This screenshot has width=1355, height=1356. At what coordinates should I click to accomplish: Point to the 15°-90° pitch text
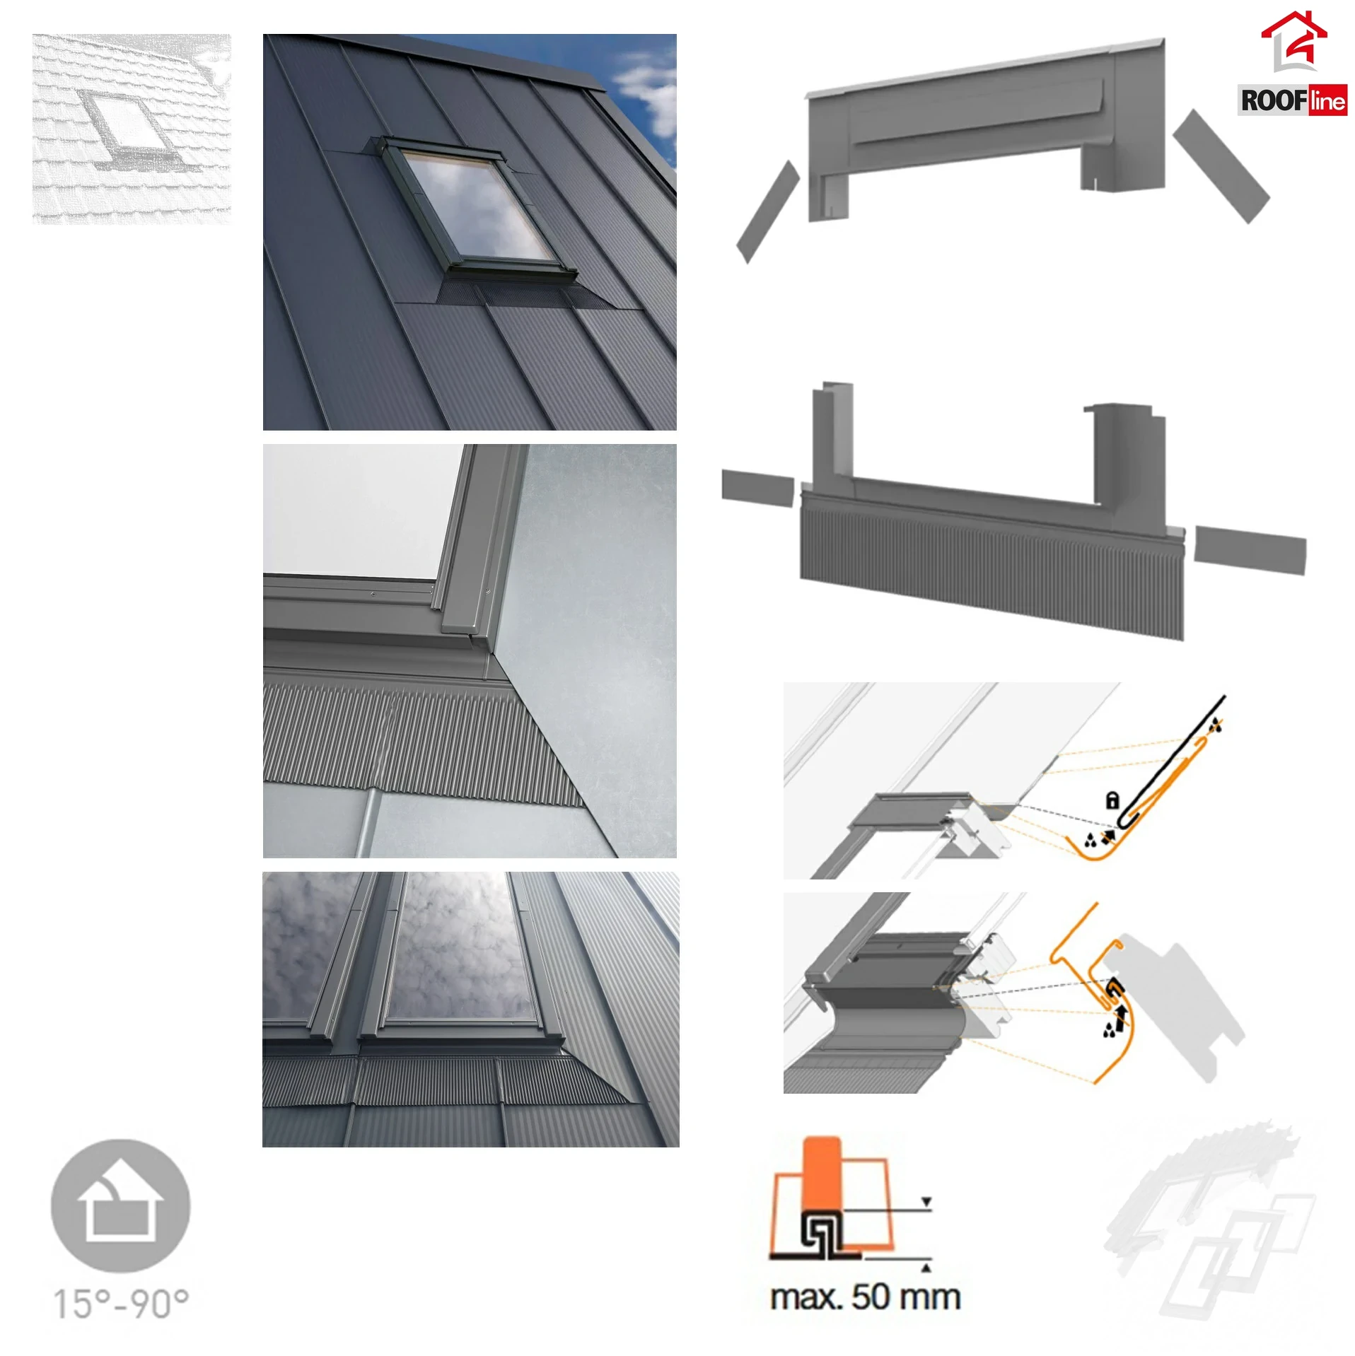(122, 1303)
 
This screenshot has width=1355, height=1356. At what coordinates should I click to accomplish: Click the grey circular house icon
(121, 1205)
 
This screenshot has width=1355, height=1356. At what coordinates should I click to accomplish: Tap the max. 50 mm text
(865, 1297)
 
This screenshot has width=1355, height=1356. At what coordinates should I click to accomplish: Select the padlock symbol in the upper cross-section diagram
(1112, 800)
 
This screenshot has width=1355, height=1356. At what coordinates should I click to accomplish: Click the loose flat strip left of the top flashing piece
(768, 211)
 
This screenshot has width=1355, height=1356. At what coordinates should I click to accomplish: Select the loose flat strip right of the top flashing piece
(1222, 167)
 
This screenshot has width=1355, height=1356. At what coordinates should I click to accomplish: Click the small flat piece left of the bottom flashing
(758, 488)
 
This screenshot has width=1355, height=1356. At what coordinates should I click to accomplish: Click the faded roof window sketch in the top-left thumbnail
(132, 129)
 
